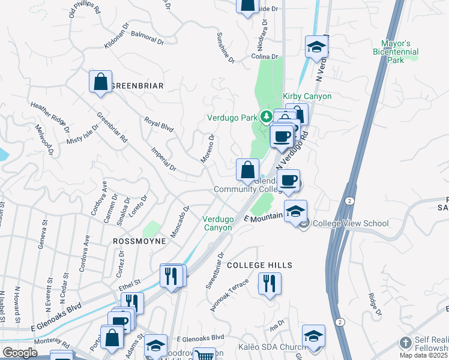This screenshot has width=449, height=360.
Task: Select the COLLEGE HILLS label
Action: [x=259, y=265]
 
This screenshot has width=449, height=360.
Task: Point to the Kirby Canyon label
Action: [x=307, y=96]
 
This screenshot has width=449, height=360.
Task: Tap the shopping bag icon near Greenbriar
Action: [x=101, y=82]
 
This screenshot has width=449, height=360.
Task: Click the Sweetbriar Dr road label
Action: [x=215, y=269]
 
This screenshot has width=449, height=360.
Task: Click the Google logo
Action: [x=20, y=353]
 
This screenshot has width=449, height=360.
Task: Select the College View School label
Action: [x=351, y=224]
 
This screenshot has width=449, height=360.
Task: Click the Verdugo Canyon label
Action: [x=217, y=223]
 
